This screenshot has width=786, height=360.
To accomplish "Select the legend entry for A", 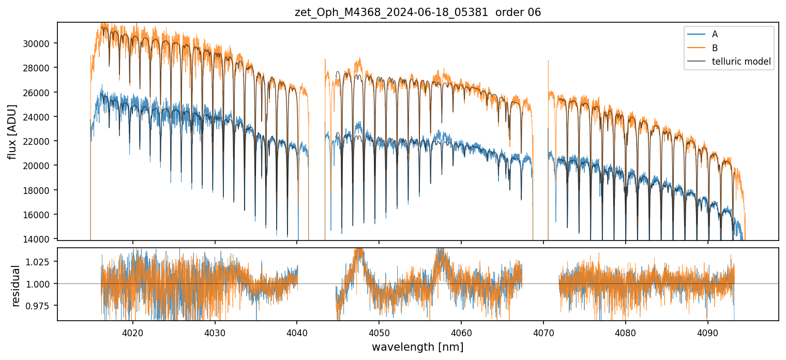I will pos(715,34).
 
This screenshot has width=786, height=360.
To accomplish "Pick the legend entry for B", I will pos(715,48).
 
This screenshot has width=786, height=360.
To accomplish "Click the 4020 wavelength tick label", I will pos(133,331).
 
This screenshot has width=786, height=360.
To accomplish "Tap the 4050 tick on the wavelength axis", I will pos(379,331).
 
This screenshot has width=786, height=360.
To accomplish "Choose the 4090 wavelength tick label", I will pos(707,331).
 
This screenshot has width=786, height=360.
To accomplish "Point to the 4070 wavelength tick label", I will pos(543,331).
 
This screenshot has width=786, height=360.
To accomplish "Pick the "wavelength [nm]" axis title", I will pos(417,347).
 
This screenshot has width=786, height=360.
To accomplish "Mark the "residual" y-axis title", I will pos(16,286).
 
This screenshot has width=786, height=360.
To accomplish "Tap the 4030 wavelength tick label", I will pos(215,331).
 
